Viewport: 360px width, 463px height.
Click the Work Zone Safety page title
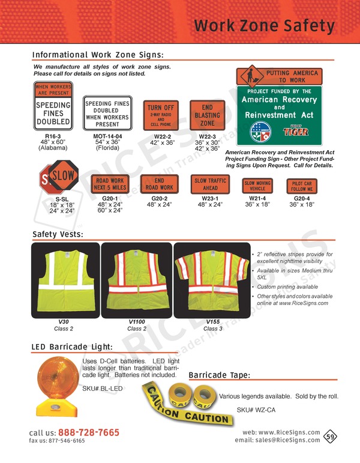point(264,26)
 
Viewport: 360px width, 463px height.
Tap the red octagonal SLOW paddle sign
point(57,178)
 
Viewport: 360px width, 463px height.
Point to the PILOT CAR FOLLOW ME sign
point(302,186)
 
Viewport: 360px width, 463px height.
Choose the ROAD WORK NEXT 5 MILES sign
point(110,183)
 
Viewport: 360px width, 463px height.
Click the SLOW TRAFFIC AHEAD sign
point(209,183)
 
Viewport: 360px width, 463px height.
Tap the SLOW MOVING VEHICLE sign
point(257,186)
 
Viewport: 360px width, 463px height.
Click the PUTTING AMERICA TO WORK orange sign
point(279,76)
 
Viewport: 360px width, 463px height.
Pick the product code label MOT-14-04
point(107,136)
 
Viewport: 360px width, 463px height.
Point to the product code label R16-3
point(53,136)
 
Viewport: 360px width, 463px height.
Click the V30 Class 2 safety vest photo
point(62,280)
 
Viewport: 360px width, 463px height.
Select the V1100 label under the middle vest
point(137,322)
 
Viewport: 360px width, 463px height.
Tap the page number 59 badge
point(330,437)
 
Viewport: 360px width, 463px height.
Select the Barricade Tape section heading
point(219,376)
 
